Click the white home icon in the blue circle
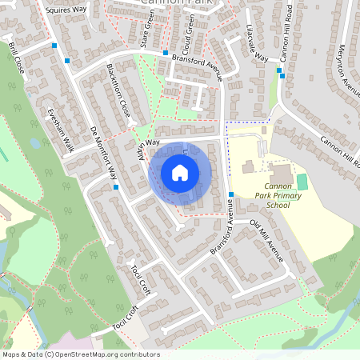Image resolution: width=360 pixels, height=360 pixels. [180, 173]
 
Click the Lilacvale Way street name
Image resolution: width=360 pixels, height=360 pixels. [255, 47]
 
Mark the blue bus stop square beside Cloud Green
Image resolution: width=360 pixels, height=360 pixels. [165, 54]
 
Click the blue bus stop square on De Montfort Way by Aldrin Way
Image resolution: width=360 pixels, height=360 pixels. [117, 187]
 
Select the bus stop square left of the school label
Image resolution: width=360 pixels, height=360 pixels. [230, 194]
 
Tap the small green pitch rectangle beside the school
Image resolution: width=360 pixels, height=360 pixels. [302, 182]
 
